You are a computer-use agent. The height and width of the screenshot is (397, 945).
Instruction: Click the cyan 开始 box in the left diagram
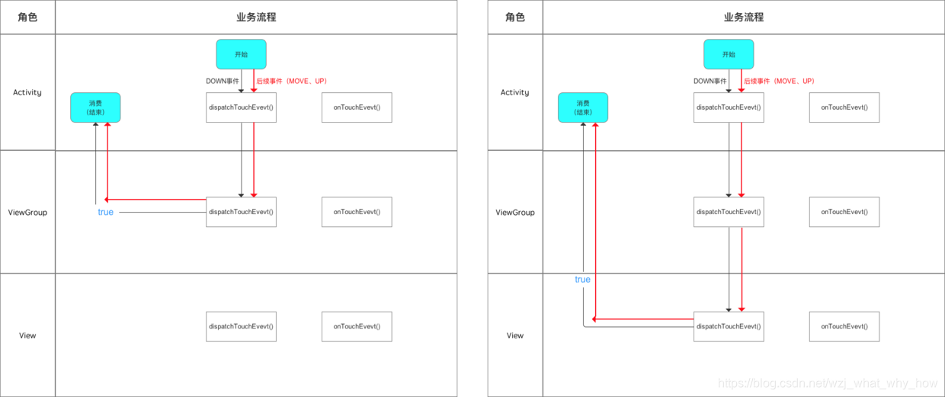(241, 55)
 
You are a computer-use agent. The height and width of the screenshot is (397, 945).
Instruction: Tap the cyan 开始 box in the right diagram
(729, 55)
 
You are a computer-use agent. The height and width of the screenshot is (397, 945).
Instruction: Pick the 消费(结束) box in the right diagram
(583, 107)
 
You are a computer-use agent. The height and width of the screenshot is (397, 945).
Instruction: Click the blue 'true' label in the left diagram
(105, 212)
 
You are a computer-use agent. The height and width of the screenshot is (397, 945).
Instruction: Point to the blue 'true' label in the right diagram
(582, 280)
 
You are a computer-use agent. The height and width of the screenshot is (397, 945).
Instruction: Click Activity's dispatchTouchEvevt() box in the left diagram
(241, 107)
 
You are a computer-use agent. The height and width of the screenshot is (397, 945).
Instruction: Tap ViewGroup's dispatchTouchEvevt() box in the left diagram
(241, 212)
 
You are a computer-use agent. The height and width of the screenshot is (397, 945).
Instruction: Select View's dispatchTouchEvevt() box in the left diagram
(241, 326)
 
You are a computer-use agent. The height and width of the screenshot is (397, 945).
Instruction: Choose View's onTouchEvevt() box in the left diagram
(357, 326)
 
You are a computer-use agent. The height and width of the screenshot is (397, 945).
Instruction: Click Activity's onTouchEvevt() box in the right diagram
(844, 107)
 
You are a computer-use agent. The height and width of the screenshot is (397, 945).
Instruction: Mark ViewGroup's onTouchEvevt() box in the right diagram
(844, 212)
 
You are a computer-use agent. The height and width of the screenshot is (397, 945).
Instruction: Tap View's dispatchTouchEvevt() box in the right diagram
(729, 326)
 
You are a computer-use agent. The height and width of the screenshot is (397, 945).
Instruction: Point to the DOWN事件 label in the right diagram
(710, 81)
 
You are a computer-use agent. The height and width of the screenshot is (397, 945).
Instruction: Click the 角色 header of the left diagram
(27, 17)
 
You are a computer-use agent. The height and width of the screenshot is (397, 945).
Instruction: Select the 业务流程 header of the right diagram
(743, 17)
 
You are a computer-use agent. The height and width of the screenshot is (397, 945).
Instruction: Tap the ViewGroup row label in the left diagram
(27, 213)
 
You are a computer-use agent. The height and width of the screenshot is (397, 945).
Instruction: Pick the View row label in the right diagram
(515, 335)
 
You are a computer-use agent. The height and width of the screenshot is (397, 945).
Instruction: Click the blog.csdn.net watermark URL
(828, 383)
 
